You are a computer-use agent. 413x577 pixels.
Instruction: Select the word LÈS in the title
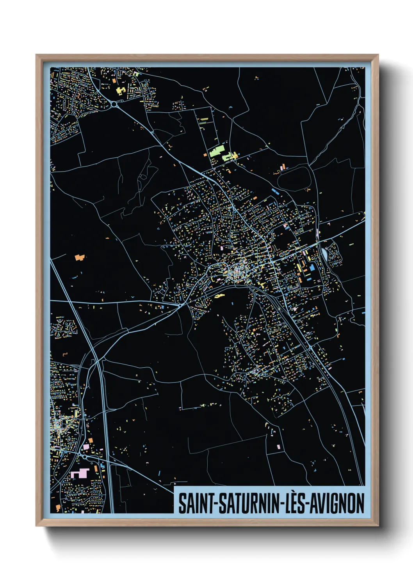(x=292, y=503)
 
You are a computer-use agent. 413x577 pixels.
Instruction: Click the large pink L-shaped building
(x=80, y=474)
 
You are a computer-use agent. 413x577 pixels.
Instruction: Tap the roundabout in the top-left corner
(x=114, y=104)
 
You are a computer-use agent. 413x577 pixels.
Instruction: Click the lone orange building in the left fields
(x=80, y=257)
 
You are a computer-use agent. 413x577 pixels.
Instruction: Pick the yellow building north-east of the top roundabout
(x=121, y=91)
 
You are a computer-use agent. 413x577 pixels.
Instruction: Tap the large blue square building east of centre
(x=313, y=267)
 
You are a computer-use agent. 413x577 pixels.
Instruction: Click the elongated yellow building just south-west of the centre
(x=219, y=296)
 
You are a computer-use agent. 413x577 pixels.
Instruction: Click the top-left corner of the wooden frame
(x=36, y=55)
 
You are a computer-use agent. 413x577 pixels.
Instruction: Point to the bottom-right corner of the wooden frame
(x=378, y=526)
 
